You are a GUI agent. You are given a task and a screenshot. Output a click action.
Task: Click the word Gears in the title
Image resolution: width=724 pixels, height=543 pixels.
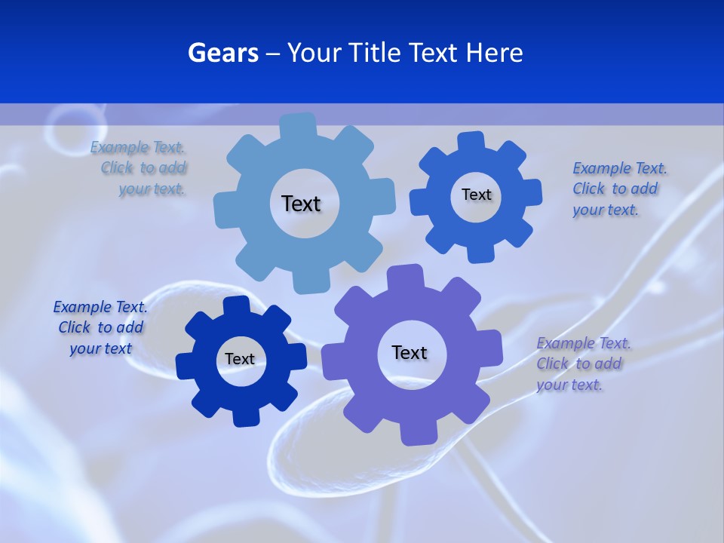pyautogui.click(x=222, y=53)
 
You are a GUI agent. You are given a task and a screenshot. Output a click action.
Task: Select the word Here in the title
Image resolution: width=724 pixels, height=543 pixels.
pyautogui.click(x=493, y=53)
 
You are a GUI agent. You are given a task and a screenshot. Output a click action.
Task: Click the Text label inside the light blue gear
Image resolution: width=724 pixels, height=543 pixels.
pyautogui.click(x=301, y=204)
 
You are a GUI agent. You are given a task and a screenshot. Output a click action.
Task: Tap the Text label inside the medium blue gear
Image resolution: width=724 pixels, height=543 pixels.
pyautogui.click(x=476, y=195)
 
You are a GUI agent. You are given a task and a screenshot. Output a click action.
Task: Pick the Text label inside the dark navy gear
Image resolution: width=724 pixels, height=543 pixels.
pyautogui.click(x=240, y=359)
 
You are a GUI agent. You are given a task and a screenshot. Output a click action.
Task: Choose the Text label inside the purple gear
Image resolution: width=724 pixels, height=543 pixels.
pyautogui.click(x=410, y=352)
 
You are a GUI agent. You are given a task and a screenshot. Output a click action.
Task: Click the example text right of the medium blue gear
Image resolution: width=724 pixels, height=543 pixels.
pyautogui.click(x=618, y=189)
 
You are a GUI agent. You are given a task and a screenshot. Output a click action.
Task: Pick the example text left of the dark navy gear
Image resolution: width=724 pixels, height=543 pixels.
pyautogui.click(x=100, y=327)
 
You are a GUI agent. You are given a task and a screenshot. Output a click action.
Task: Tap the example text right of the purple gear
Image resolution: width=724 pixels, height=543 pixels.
pyautogui.click(x=582, y=364)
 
